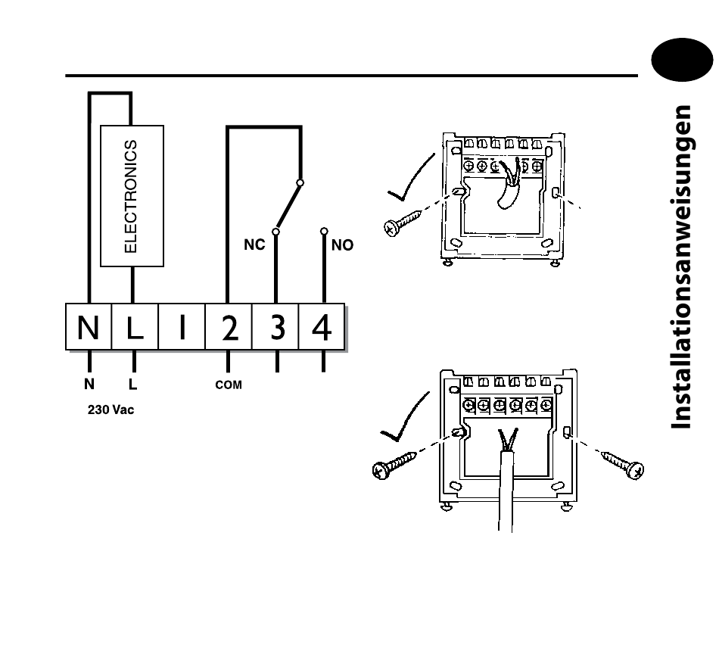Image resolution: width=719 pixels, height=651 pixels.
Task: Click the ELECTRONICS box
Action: (132, 196)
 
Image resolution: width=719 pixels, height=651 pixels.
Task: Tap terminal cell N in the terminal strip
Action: (89, 327)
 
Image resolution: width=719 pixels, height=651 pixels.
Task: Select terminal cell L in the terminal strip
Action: (135, 327)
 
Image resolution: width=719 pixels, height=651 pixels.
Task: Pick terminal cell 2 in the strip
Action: (229, 327)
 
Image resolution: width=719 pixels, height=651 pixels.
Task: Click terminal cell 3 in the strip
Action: (275, 327)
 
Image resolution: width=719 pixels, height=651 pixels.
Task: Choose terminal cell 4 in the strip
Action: (322, 327)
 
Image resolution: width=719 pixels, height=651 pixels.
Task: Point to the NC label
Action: (254, 245)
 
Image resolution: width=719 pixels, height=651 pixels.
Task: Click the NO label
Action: (343, 245)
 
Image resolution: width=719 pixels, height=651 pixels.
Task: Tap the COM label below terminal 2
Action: (229, 385)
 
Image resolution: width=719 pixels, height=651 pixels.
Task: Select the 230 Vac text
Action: (111, 410)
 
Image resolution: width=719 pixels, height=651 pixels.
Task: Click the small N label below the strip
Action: (89, 384)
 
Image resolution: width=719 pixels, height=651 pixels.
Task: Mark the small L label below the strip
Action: (133, 384)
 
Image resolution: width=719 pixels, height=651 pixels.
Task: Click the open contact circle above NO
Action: (324, 231)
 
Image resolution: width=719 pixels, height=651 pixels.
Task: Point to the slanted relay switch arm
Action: (288, 207)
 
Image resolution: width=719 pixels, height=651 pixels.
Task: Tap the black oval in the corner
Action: (683, 60)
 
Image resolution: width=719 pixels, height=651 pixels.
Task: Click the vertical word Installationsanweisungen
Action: (681, 267)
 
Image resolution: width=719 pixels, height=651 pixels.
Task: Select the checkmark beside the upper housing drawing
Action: (411, 178)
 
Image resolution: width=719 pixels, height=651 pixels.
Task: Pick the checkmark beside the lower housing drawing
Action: (405, 417)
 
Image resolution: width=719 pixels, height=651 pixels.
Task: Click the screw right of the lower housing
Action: (623, 464)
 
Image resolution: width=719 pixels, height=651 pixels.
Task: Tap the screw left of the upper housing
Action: (403, 223)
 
